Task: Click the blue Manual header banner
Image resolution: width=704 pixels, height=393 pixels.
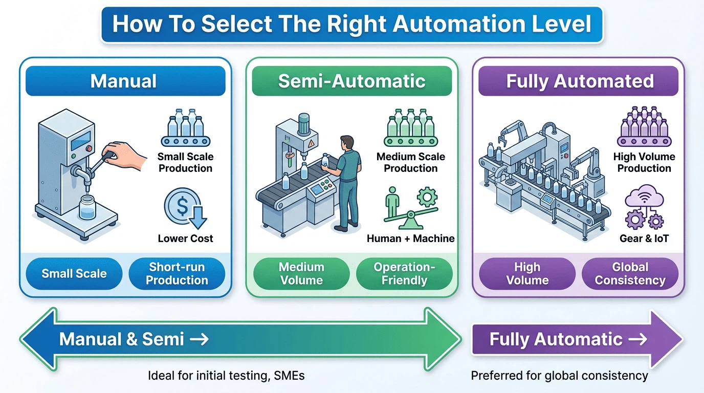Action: [125, 81]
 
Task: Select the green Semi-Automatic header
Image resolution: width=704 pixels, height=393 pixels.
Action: [351, 81]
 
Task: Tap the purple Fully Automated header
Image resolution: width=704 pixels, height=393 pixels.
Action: [578, 81]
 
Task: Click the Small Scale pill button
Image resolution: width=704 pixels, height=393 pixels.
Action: [74, 274]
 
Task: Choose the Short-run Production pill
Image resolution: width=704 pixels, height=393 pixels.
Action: [177, 274]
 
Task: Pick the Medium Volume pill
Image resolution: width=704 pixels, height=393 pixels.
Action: [301, 274]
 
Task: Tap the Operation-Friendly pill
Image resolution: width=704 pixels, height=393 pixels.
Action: [404, 274]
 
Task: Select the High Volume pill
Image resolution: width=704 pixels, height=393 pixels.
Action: [527, 274]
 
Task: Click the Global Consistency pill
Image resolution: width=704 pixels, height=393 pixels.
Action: [630, 274]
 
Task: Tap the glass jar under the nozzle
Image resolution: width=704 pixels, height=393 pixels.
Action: [87, 207]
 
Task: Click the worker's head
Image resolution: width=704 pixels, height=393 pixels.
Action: [347, 143]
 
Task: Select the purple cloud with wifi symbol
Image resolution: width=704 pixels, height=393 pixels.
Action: [644, 195]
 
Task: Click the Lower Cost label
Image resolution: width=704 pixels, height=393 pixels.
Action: [185, 238]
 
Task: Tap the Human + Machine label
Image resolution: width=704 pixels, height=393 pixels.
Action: [410, 238]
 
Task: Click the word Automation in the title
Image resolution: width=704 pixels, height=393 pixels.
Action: [455, 24]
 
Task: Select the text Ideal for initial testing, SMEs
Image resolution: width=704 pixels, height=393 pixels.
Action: [226, 376]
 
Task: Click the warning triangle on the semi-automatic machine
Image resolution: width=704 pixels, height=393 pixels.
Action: [311, 144]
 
